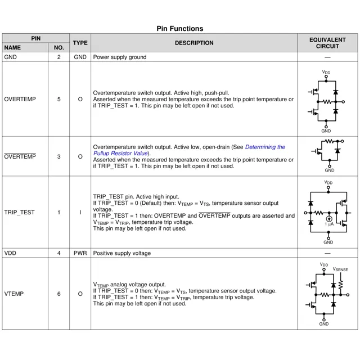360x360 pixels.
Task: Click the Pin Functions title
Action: click(x=180, y=29)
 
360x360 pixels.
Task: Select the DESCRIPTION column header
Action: click(x=194, y=43)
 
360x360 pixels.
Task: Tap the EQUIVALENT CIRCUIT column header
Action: click(x=327, y=43)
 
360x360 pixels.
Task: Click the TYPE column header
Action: click(x=80, y=43)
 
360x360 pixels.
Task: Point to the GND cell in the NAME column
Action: click(x=10, y=57)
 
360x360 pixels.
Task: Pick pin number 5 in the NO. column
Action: click(x=59, y=99)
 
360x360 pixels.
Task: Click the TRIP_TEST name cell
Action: click(x=19, y=213)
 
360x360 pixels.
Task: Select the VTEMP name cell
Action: click(x=14, y=294)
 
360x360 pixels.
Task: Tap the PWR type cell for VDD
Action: click(x=80, y=253)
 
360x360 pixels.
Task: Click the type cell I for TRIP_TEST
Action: click(x=80, y=213)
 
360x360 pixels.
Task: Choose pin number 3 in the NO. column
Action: click(x=59, y=156)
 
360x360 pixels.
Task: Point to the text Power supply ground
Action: click(x=120, y=57)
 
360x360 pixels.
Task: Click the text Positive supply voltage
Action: click(x=122, y=253)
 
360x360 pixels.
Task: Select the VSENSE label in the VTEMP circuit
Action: click(x=340, y=269)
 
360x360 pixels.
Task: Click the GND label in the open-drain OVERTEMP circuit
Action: click(x=329, y=170)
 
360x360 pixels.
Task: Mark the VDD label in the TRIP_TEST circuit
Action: click(x=328, y=182)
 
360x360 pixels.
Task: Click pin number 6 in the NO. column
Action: click(x=59, y=294)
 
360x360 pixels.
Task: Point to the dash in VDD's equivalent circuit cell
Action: click(x=327, y=253)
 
